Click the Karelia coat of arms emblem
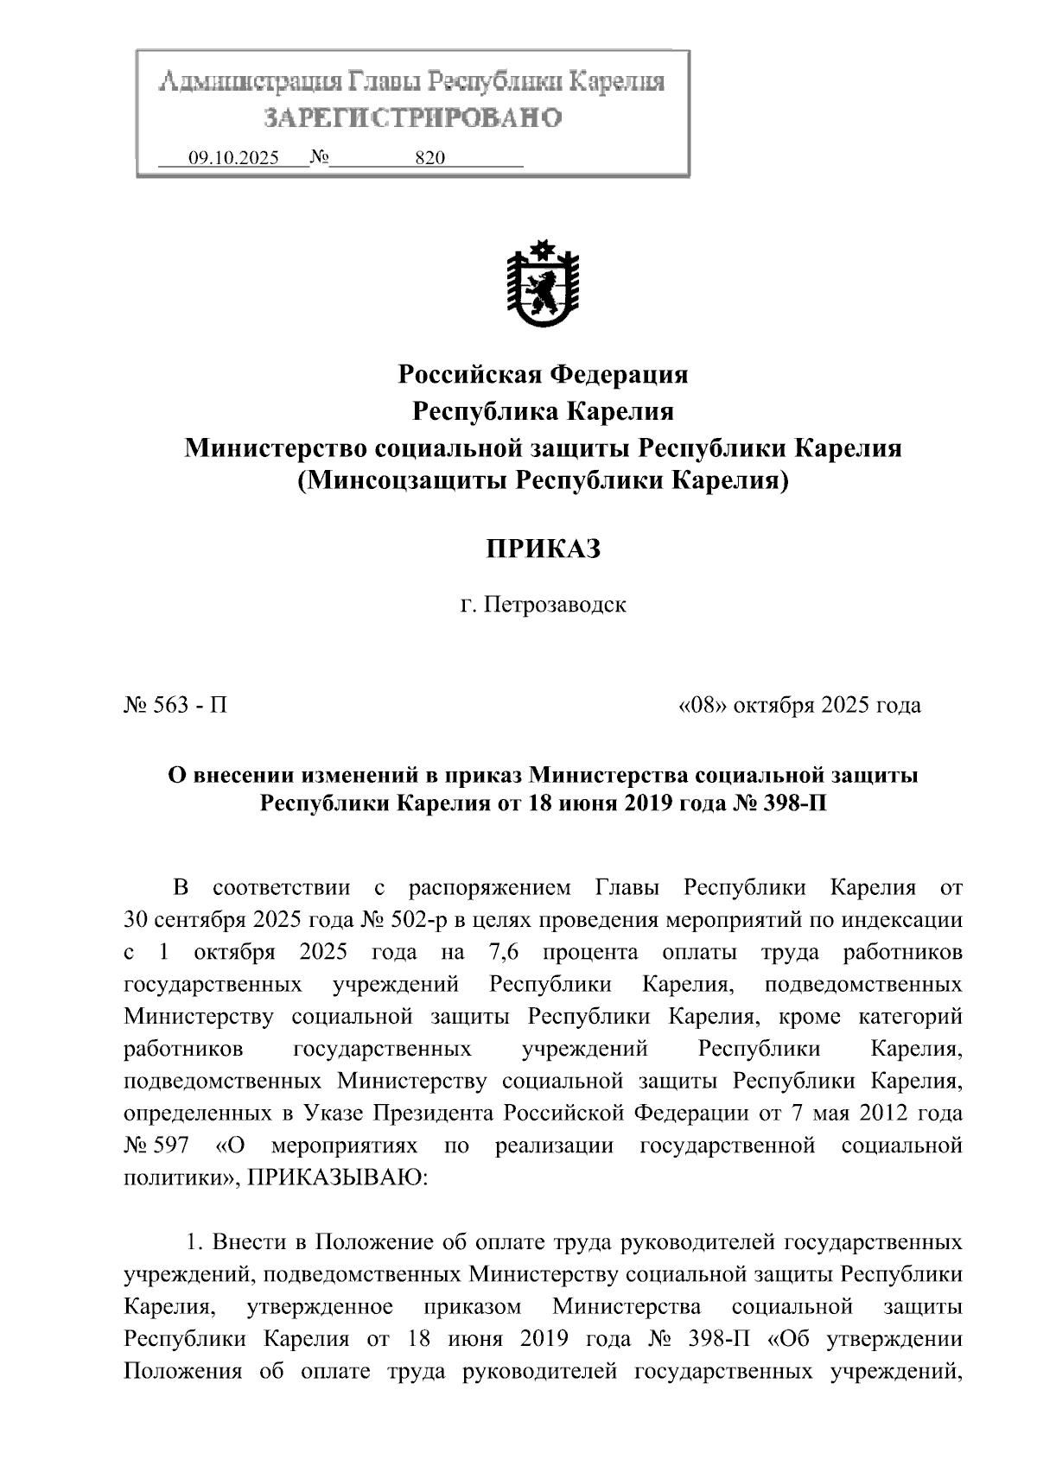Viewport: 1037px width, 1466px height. click(x=543, y=286)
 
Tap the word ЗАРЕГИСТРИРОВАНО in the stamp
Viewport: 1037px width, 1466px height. click(x=412, y=117)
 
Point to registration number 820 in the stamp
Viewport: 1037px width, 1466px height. click(x=429, y=158)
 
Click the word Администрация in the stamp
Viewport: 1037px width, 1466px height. click(x=250, y=82)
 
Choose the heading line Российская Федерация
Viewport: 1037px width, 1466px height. click(x=543, y=374)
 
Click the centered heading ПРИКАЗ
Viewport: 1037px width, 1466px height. click(x=543, y=549)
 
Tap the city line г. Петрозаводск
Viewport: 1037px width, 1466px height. click(x=543, y=604)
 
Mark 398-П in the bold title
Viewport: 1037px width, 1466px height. click(x=782, y=803)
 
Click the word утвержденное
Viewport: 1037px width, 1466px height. click(x=321, y=1307)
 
